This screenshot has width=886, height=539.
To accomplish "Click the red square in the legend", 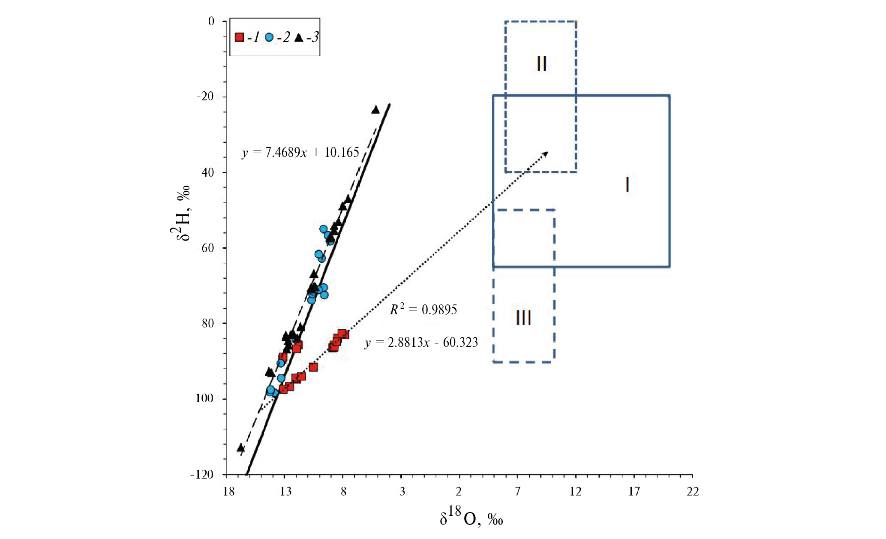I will point(240,38).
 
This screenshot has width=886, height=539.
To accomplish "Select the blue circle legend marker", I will point(269,38).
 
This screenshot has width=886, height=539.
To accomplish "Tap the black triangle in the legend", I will point(299,38).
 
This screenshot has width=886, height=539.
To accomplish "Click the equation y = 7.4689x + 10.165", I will point(300,152).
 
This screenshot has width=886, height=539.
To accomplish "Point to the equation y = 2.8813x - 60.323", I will point(421,342).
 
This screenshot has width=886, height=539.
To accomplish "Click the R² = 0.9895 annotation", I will point(423,309).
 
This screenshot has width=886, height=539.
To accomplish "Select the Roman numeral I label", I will point(628,184).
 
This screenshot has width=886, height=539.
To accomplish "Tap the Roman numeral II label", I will point(541,64).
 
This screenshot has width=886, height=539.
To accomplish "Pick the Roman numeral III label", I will point(523,318).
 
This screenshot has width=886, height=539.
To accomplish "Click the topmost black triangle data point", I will point(375,110).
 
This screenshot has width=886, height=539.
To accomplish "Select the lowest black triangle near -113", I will point(241,448).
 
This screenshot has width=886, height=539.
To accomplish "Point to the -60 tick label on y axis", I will point(205,248).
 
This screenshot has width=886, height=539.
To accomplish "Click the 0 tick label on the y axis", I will point(211,21).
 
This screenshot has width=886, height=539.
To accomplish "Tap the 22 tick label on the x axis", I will point(693,491).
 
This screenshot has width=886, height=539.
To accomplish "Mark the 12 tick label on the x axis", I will point(576,491).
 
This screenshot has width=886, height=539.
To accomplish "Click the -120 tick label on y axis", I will point(202,474).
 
